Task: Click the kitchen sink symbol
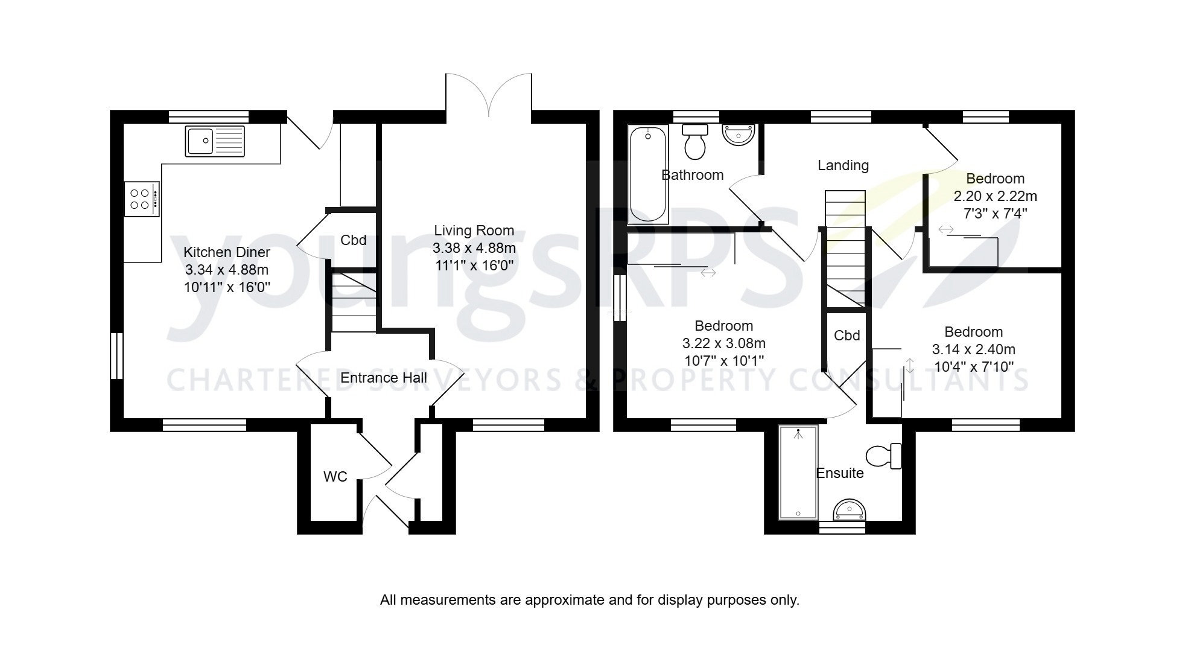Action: [215, 141]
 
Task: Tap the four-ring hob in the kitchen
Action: [142, 199]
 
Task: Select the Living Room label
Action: [474, 231]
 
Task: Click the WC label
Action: [335, 477]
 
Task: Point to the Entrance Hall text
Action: [384, 378]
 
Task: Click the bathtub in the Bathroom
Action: [648, 175]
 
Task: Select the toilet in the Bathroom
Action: [695, 141]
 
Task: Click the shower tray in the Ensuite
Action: [798, 473]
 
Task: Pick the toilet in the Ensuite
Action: [884, 456]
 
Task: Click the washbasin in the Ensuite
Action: [850, 511]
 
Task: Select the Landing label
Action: [843, 165]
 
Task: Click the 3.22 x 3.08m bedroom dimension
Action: [723, 343]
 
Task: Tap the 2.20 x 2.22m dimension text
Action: [995, 196]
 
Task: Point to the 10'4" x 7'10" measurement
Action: [973, 366]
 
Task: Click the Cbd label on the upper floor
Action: [847, 336]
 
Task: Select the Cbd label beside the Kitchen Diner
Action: [353, 240]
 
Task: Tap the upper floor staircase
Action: [845, 247]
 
